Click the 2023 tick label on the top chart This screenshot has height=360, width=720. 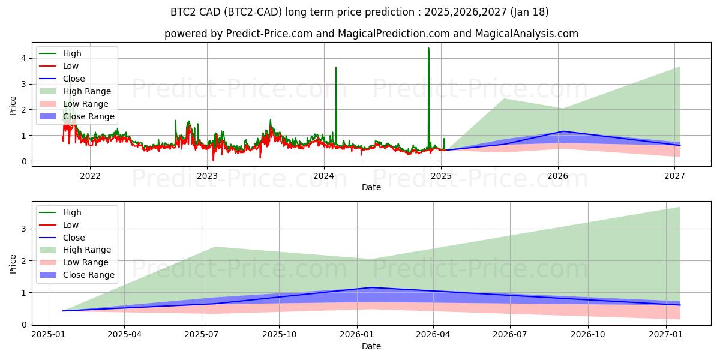pyautogui.click(x=207, y=176)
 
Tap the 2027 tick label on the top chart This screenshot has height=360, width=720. pyautogui.click(x=675, y=176)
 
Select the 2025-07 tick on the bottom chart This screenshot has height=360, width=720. pyautogui.click(x=202, y=334)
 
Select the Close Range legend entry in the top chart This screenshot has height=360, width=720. pyautogui.click(x=88, y=116)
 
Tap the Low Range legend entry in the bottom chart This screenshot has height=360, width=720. pyautogui.click(x=86, y=262)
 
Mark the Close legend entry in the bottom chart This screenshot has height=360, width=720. pyautogui.click(x=74, y=238)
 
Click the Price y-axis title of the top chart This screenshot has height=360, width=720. pyautogui.click(x=13, y=106)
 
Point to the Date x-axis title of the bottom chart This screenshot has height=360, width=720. pyautogui.click(x=371, y=346)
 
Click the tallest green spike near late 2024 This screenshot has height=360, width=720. pyautogui.click(x=428, y=49)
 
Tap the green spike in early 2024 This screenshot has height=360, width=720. pyautogui.click(x=335, y=68)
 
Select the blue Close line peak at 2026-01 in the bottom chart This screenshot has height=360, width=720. pyautogui.click(x=372, y=287)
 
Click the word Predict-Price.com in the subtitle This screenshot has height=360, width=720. pyautogui.click(x=269, y=34)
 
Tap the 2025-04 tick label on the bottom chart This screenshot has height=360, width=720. pyautogui.click(x=124, y=334)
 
